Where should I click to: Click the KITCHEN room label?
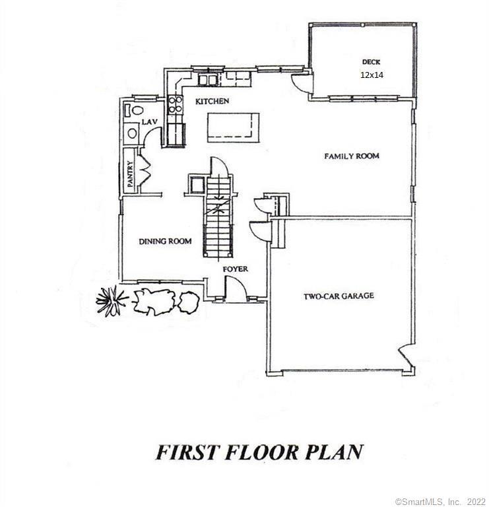click(211, 102)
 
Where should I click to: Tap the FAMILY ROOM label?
click(352, 156)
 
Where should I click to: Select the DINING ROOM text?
click(165, 242)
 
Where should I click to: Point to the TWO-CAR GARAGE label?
click(339, 296)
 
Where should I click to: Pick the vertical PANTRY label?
click(130, 176)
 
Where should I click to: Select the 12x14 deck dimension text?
click(372, 75)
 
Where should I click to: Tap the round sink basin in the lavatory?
click(132, 133)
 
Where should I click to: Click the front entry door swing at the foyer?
click(235, 288)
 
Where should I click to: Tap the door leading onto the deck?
click(300, 83)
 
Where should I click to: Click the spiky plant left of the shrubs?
click(112, 300)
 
